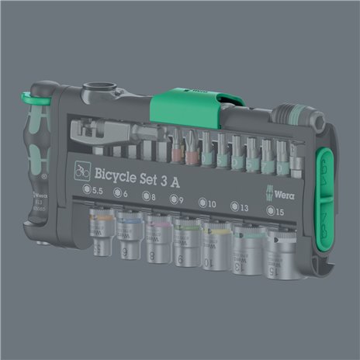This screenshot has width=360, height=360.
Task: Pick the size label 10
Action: pyautogui.click(x=209, y=202)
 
